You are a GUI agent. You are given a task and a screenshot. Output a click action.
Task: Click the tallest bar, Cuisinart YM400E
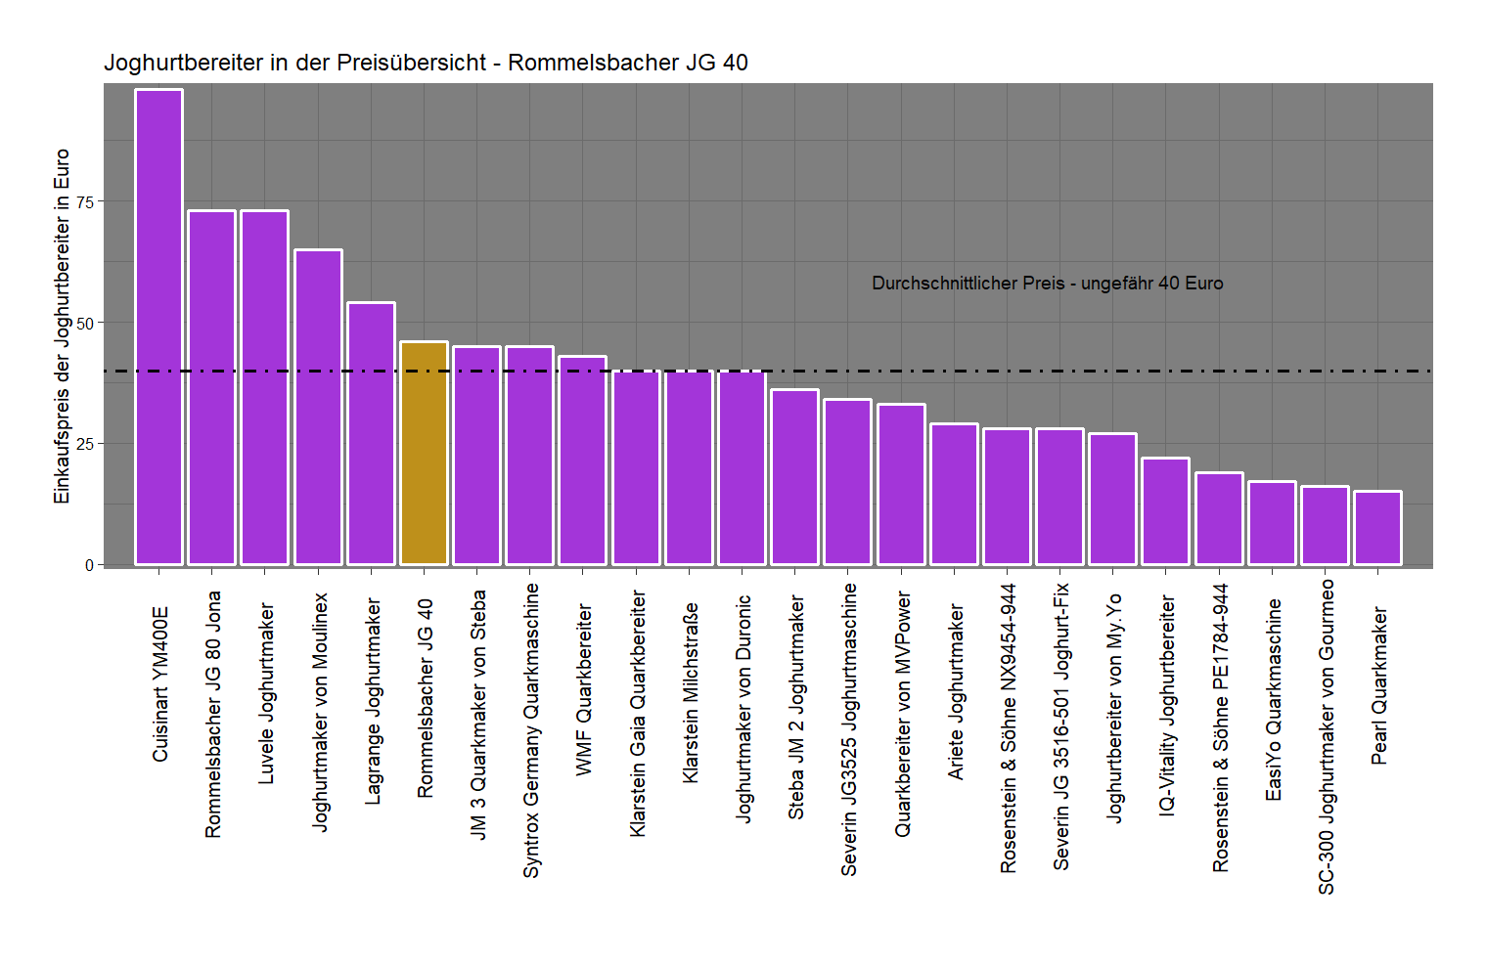coord(158,327)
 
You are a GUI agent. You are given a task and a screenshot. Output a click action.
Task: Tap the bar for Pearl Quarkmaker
coord(1377,528)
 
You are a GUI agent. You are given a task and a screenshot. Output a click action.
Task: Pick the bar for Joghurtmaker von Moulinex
coord(318,407)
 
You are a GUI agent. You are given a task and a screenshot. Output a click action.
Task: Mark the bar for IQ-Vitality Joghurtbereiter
coord(1165,511)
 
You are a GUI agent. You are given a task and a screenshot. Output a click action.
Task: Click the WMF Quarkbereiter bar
coord(583,461)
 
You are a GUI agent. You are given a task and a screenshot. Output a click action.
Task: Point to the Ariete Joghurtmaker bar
coord(954,494)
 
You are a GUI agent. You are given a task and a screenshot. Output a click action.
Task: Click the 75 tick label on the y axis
coord(85,201)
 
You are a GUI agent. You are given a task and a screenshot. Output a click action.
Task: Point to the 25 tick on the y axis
coord(85,444)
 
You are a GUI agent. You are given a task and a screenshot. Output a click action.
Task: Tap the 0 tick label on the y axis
coord(89,565)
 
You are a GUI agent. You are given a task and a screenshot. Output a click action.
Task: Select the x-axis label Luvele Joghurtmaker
coord(265,693)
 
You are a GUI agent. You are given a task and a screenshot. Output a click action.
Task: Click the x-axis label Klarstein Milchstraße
coord(690,692)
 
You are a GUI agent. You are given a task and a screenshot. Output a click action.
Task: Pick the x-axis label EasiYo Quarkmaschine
coord(1272,700)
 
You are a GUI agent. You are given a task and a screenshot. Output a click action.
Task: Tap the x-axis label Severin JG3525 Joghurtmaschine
coord(848,729)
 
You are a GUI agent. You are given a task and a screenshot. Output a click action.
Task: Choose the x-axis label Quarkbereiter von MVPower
coord(902,714)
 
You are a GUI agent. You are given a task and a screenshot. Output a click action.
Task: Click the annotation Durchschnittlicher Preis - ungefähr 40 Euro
coord(1047,284)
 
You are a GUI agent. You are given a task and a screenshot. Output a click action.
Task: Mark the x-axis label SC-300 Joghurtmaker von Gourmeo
coord(1326,736)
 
